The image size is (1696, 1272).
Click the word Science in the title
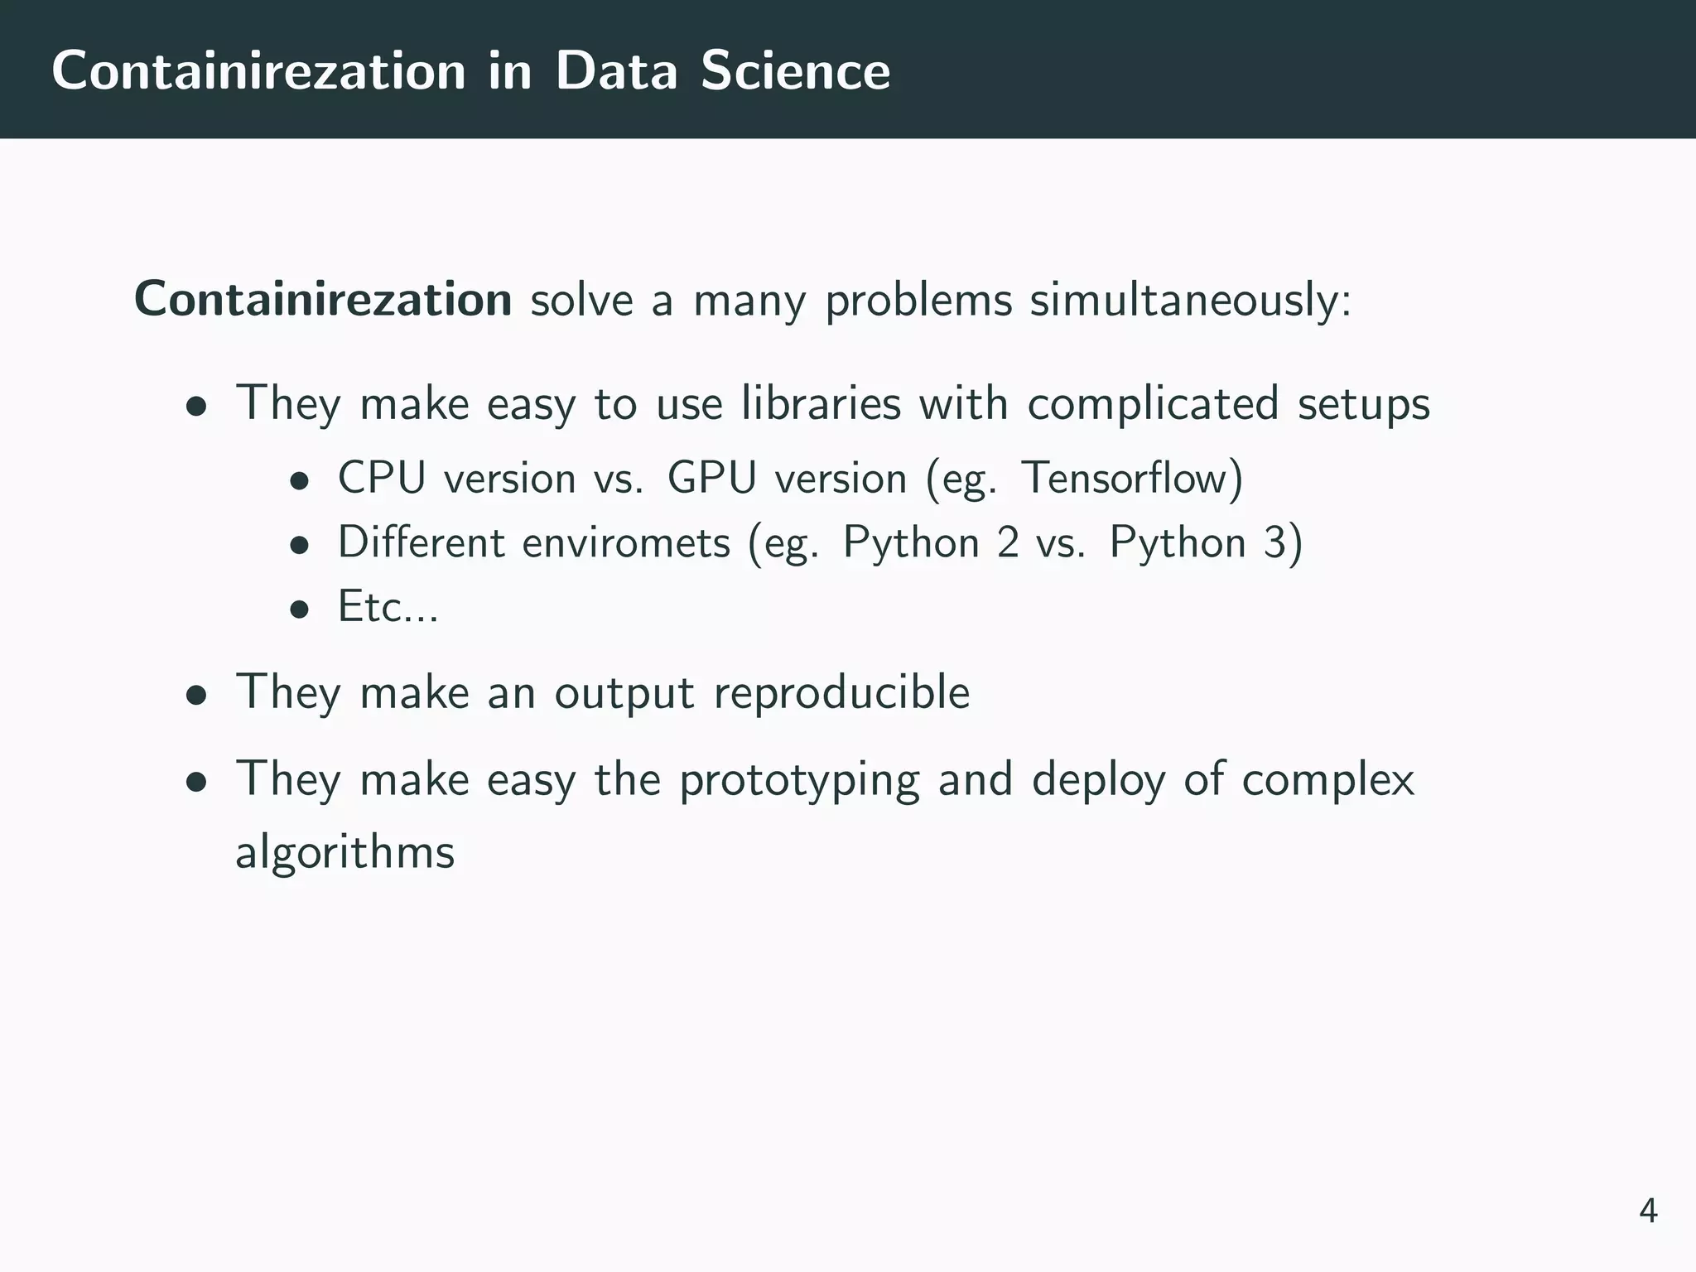(x=795, y=71)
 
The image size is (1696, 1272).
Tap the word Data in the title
(x=617, y=71)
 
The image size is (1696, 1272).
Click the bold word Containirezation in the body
(x=323, y=299)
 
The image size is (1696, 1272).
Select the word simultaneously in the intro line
(x=1190, y=301)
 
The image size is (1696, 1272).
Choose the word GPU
(x=712, y=479)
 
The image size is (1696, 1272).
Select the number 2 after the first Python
(x=1008, y=543)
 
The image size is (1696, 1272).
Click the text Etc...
(x=388, y=607)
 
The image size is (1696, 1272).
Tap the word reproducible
(x=841, y=692)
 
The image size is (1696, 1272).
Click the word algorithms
(x=344, y=852)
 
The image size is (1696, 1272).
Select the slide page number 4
(x=1648, y=1212)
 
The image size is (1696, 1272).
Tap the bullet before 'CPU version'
(x=299, y=481)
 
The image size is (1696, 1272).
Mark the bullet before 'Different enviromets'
(x=299, y=546)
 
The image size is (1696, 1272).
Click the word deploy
(x=1098, y=781)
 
